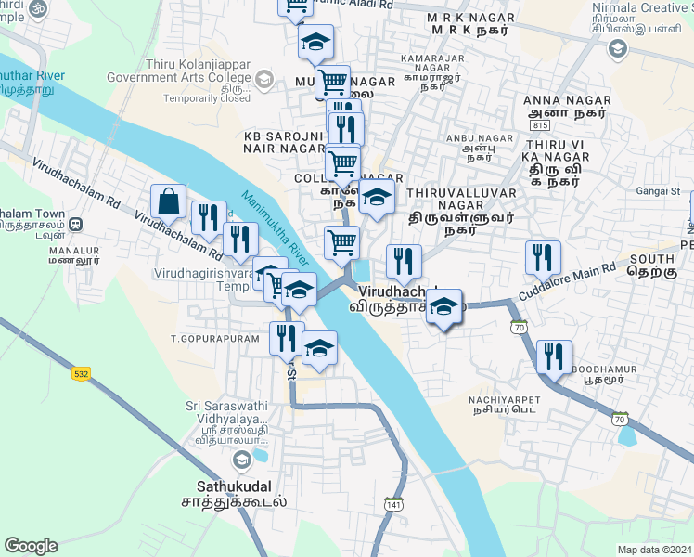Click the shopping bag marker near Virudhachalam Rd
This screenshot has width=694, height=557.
coord(169,201)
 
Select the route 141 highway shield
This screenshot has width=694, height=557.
coord(393,504)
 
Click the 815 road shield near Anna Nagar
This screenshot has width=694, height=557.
coord(540,124)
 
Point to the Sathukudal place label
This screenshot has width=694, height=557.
coord(234,486)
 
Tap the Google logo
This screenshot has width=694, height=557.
coord(31,546)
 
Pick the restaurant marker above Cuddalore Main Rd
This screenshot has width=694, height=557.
coord(542,257)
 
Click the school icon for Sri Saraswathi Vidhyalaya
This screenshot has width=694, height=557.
coord(241,459)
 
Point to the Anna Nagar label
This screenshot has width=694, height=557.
coord(567,100)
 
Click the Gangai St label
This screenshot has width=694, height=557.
coord(661,191)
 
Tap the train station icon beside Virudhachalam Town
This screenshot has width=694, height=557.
coord(77,224)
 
